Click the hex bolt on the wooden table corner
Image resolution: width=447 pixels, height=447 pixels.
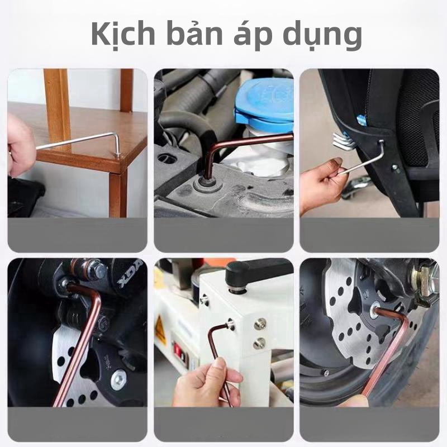[x=117, y=155]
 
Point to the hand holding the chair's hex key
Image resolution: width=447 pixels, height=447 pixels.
[x=322, y=183]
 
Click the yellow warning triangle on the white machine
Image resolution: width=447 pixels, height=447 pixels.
[x=160, y=330]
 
